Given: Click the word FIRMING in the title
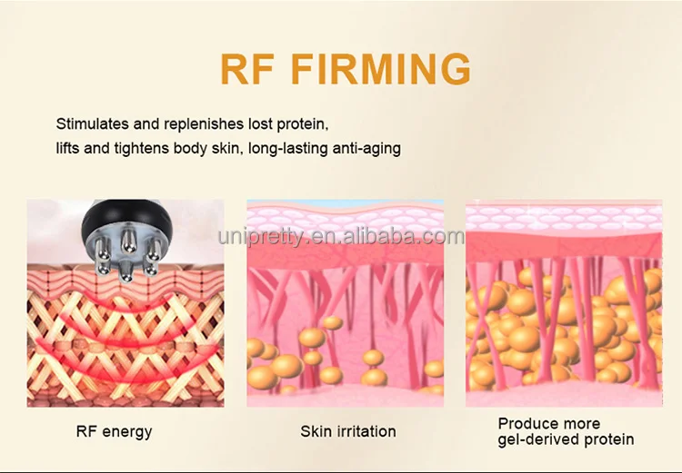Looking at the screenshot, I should (x=382, y=69).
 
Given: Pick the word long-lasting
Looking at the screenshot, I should (x=290, y=147).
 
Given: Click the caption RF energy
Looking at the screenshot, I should (x=115, y=431).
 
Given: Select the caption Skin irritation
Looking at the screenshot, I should (x=348, y=431).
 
